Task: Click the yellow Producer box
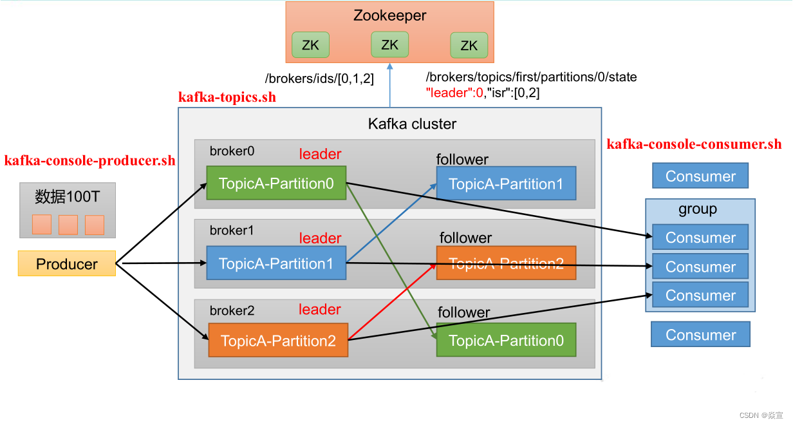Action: (x=67, y=264)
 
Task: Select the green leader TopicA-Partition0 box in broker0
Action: (x=276, y=184)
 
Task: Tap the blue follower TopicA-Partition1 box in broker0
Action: (x=506, y=184)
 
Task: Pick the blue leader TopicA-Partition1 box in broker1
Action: (x=276, y=263)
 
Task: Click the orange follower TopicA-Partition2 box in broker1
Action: (x=506, y=263)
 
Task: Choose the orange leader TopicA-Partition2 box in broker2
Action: (x=278, y=341)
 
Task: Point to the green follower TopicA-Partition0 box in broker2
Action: (x=506, y=341)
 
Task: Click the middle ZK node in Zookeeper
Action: (x=390, y=44)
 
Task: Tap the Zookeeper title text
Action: (x=390, y=15)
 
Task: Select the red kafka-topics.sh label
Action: (x=227, y=97)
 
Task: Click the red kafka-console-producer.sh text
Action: (x=89, y=161)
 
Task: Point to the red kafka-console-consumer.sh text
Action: (x=694, y=144)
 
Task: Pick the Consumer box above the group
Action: (x=700, y=176)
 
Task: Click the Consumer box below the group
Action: (x=700, y=335)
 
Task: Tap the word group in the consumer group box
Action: (x=698, y=209)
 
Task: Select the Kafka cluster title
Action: (x=412, y=124)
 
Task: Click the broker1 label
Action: (x=232, y=231)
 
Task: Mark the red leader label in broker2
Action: (x=320, y=310)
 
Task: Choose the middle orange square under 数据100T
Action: (x=68, y=225)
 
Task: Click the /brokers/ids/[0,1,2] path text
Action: (x=319, y=79)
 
